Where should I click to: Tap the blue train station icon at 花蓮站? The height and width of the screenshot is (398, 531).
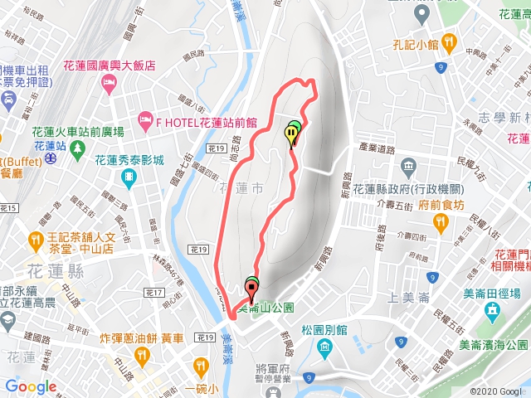click(x=51, y=155)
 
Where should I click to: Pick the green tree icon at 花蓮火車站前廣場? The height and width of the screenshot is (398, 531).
click(x=77, y=150)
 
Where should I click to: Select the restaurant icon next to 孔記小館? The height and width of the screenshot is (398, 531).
click(x=449, y=40)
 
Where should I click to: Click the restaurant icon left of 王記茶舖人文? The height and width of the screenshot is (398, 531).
click(x=35, y=240)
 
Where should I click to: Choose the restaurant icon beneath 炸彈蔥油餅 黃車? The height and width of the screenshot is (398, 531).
click(x=140, y=356)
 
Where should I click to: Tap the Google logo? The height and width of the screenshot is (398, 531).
click(x=31, y=386)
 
